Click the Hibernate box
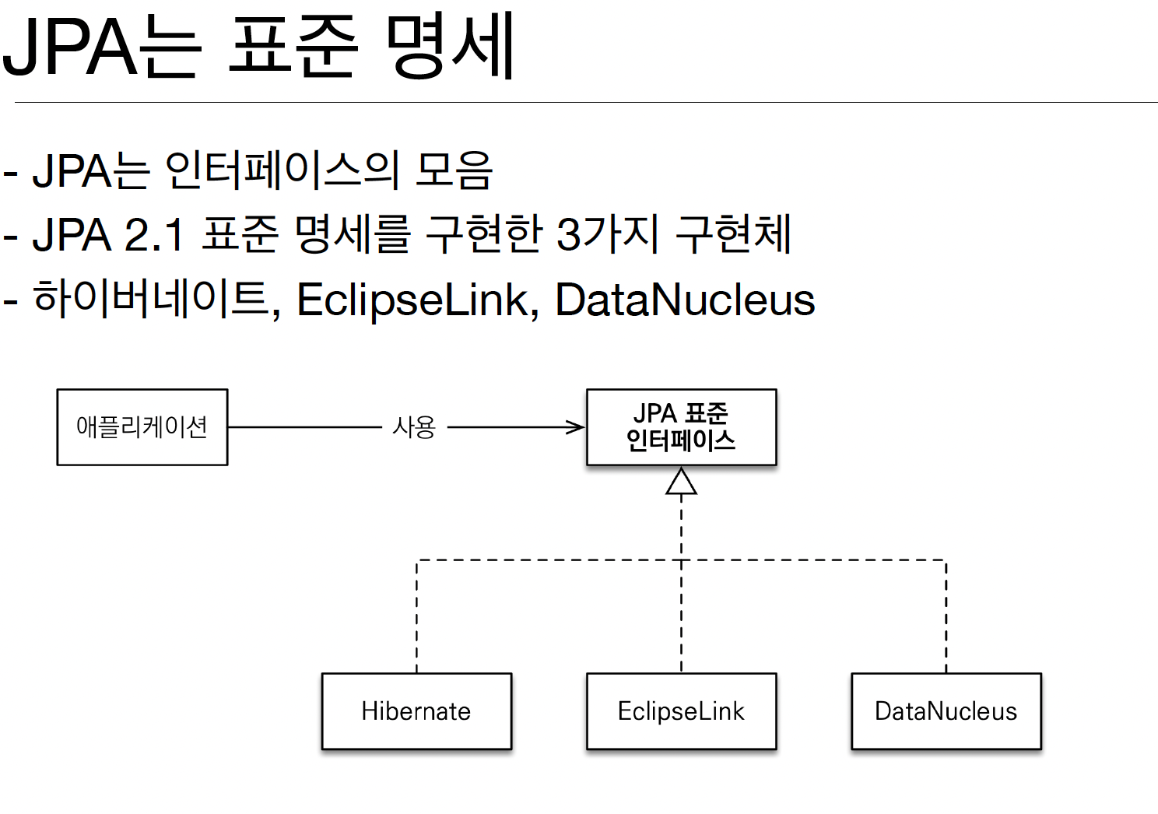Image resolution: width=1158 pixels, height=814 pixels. (x=416, y=711)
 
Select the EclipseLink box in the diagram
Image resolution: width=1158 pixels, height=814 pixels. (x=681, y=711)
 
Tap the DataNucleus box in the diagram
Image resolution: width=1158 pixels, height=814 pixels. (x=946, y=711)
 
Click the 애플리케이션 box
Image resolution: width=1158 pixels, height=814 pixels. (x=142, y=427)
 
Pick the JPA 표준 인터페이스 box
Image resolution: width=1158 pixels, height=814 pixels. (x=681, y=427)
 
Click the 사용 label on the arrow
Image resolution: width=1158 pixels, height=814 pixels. (x=414, y=427)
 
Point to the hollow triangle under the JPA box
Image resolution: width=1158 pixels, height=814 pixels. (x=681, y=482)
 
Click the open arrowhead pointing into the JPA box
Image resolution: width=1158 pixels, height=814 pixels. (x=576, y=427)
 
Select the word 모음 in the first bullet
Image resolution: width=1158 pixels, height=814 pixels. (x=454, y=170)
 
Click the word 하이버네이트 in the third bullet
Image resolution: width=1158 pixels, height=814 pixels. (x=153, y=300)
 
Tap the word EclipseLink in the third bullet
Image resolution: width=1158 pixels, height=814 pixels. (x=412, y=300)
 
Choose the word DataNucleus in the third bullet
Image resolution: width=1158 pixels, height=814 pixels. (x=685, y=300)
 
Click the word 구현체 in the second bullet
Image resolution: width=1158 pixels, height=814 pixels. (x=733, y=234)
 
